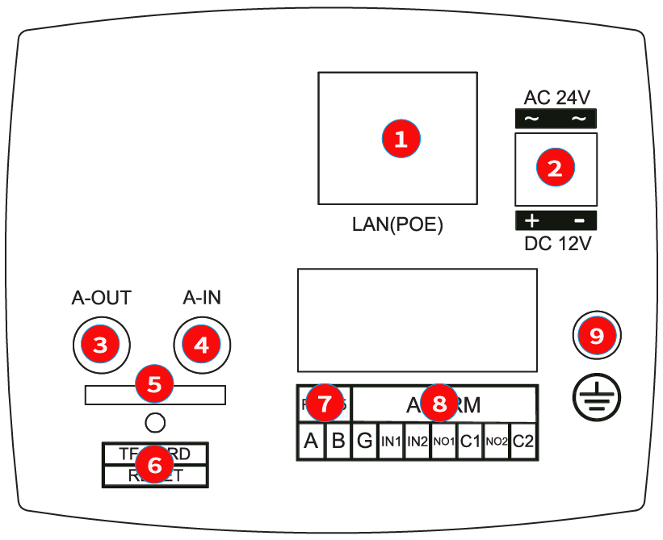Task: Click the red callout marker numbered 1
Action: point(401,138)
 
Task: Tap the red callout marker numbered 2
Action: point(556,168)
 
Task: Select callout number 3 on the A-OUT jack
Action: point(100,345)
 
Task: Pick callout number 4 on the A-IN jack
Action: point(201,345)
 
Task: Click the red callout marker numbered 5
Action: point(154,383)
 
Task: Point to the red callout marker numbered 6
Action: point(154,464)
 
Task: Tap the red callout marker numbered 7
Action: point(325,403)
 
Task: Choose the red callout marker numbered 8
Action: point(439,403)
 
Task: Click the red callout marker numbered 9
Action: point(597,335)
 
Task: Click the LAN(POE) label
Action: point(397,224)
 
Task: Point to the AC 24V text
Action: point(556,98)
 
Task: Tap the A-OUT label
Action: point(101,298)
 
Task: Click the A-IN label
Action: point(202,298)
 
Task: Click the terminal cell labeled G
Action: point(364,442)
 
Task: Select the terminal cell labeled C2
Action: point(523,442)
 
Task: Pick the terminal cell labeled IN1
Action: point(391,442)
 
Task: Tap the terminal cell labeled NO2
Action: point(497,442)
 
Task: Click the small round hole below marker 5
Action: point(155,421)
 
